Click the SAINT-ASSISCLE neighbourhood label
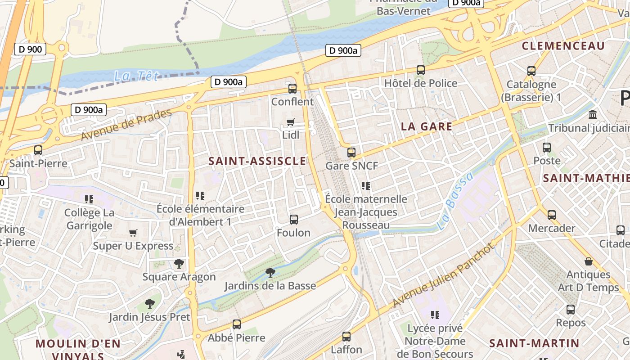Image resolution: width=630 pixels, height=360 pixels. [257, 161]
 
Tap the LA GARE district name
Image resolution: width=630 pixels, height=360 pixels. [426, 126]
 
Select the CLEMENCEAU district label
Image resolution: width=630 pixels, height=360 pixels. [563, 46]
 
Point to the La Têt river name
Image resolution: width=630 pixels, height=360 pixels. [136, 76]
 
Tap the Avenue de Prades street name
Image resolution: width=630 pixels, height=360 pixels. [126, 125]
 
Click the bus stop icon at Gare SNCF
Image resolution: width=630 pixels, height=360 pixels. [351, 153]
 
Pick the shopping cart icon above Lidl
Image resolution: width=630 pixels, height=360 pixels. [291, 122]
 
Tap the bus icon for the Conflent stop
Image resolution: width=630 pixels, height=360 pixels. [292, 89]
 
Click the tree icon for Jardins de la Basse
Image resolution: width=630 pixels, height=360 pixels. [270, 272]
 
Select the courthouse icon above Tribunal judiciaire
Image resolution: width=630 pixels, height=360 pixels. [593, 114]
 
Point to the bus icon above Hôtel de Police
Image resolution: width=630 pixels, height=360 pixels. [421, 70]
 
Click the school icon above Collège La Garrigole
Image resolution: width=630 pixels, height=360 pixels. [89, 199]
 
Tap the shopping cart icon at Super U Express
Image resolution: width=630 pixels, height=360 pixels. [133, 233]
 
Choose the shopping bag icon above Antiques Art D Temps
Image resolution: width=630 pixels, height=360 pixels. [588, 261]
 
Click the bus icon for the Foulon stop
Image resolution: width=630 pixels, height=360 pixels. [294, 220]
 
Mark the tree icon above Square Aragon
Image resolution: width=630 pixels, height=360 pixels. [179, 264]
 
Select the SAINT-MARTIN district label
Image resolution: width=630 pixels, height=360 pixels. [534, 343]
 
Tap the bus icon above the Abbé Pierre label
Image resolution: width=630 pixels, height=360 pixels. [236, 324]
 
